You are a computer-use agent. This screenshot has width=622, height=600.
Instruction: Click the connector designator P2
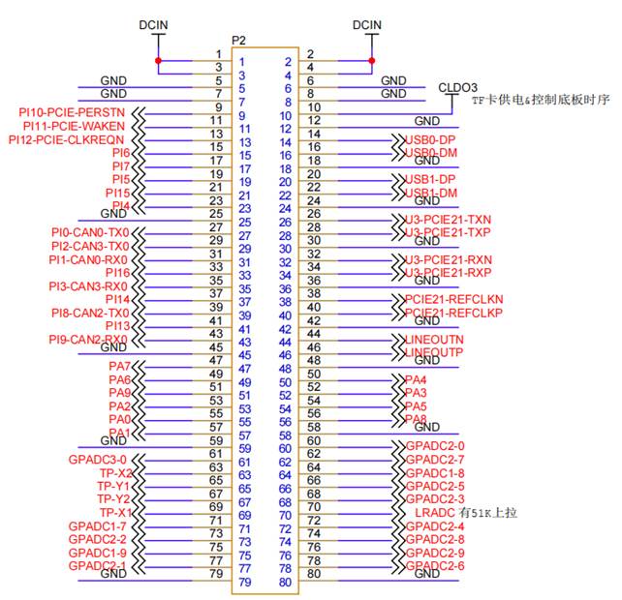click(x=239, y=40)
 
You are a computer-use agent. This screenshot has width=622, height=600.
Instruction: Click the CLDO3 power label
click(x=460, y=86)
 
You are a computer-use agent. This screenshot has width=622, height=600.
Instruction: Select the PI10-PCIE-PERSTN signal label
click(x=74, y=113)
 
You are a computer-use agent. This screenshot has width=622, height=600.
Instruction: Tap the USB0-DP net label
click(x=430, y=140)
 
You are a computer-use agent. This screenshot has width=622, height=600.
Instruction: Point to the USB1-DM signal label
click(x=430, y=194)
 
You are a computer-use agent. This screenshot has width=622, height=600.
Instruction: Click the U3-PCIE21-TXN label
click(x=449, y=220)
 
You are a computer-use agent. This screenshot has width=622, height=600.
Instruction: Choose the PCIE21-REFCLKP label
click(x=453, y=314)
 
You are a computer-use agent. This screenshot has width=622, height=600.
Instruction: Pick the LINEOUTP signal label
click(x=435, y=352)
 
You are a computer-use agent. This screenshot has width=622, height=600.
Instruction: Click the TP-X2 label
click(x=114, y=472)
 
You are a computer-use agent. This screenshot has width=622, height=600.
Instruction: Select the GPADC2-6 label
click(x=435, y=565)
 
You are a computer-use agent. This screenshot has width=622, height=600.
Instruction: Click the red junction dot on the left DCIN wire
click(x=158, y=61)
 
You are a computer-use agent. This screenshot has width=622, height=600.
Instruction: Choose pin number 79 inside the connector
click(x=244, y=583)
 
